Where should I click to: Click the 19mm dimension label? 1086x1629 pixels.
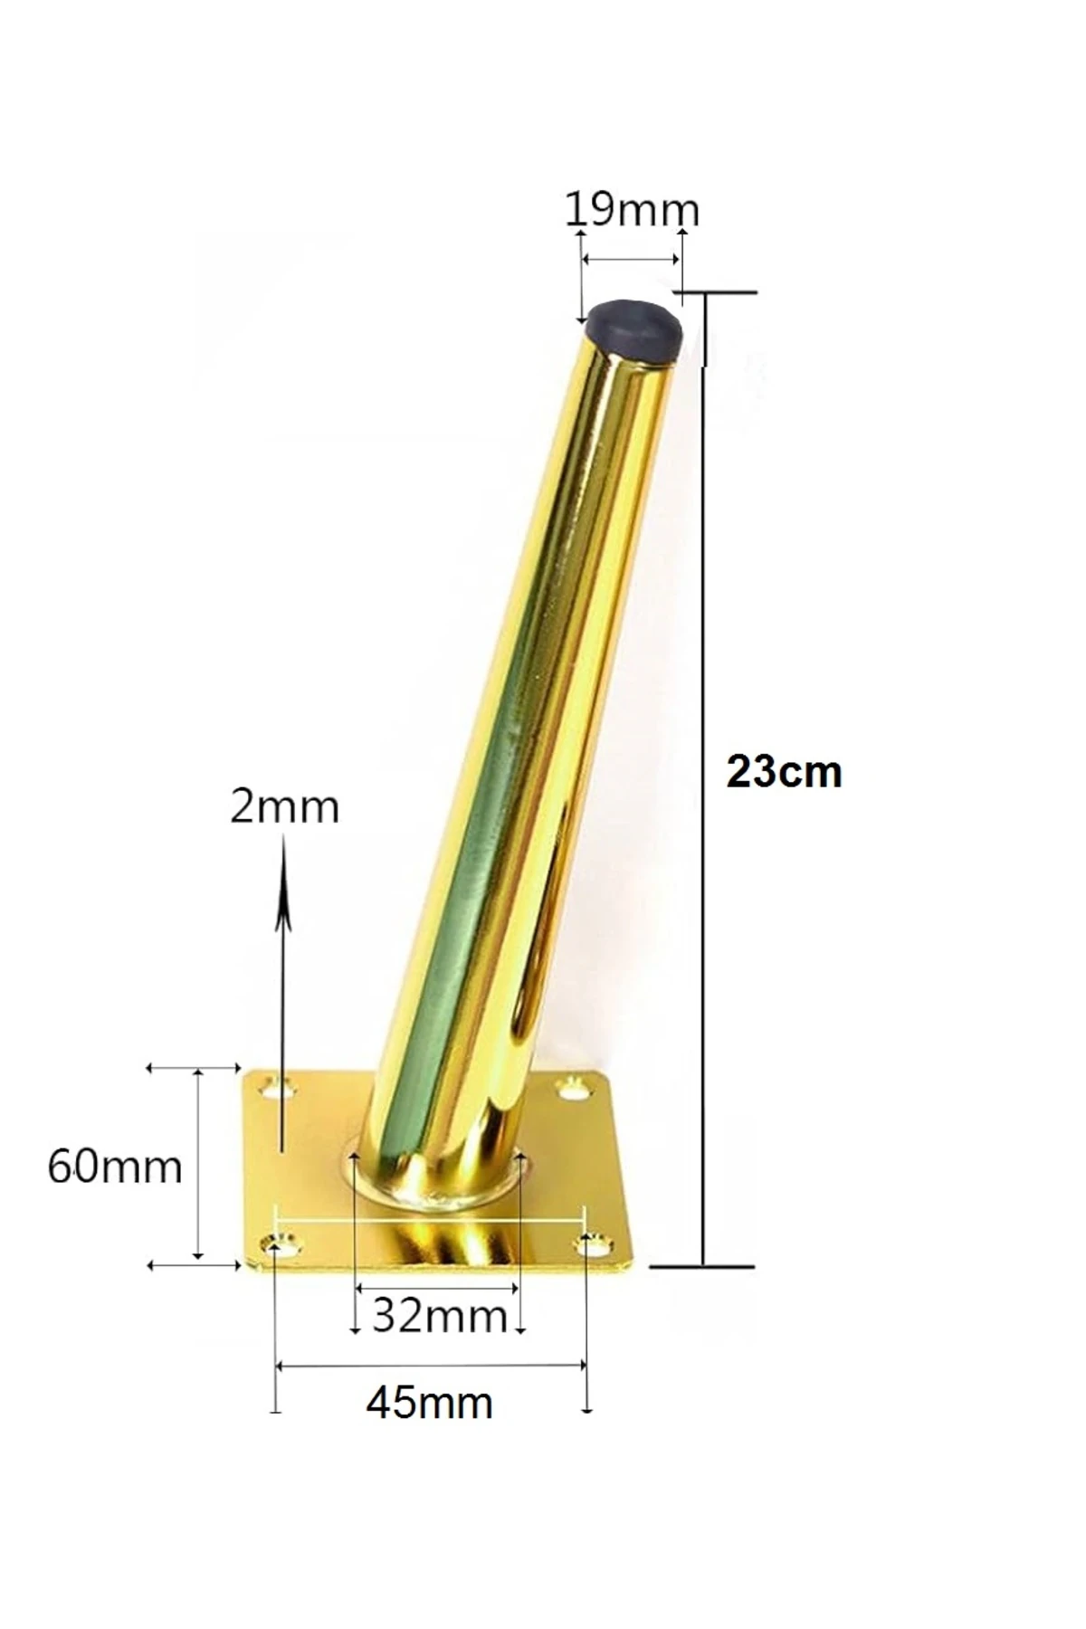(632, 210)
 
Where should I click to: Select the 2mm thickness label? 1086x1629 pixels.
(284, 806)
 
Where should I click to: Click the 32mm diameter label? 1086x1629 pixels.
(439, 1315)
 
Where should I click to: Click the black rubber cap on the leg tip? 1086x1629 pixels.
(633, 328)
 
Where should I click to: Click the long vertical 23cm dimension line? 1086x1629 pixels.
(704, 778)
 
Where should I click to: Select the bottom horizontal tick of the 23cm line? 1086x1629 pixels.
(701, 1266)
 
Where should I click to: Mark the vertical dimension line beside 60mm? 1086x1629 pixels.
(199, 1166)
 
